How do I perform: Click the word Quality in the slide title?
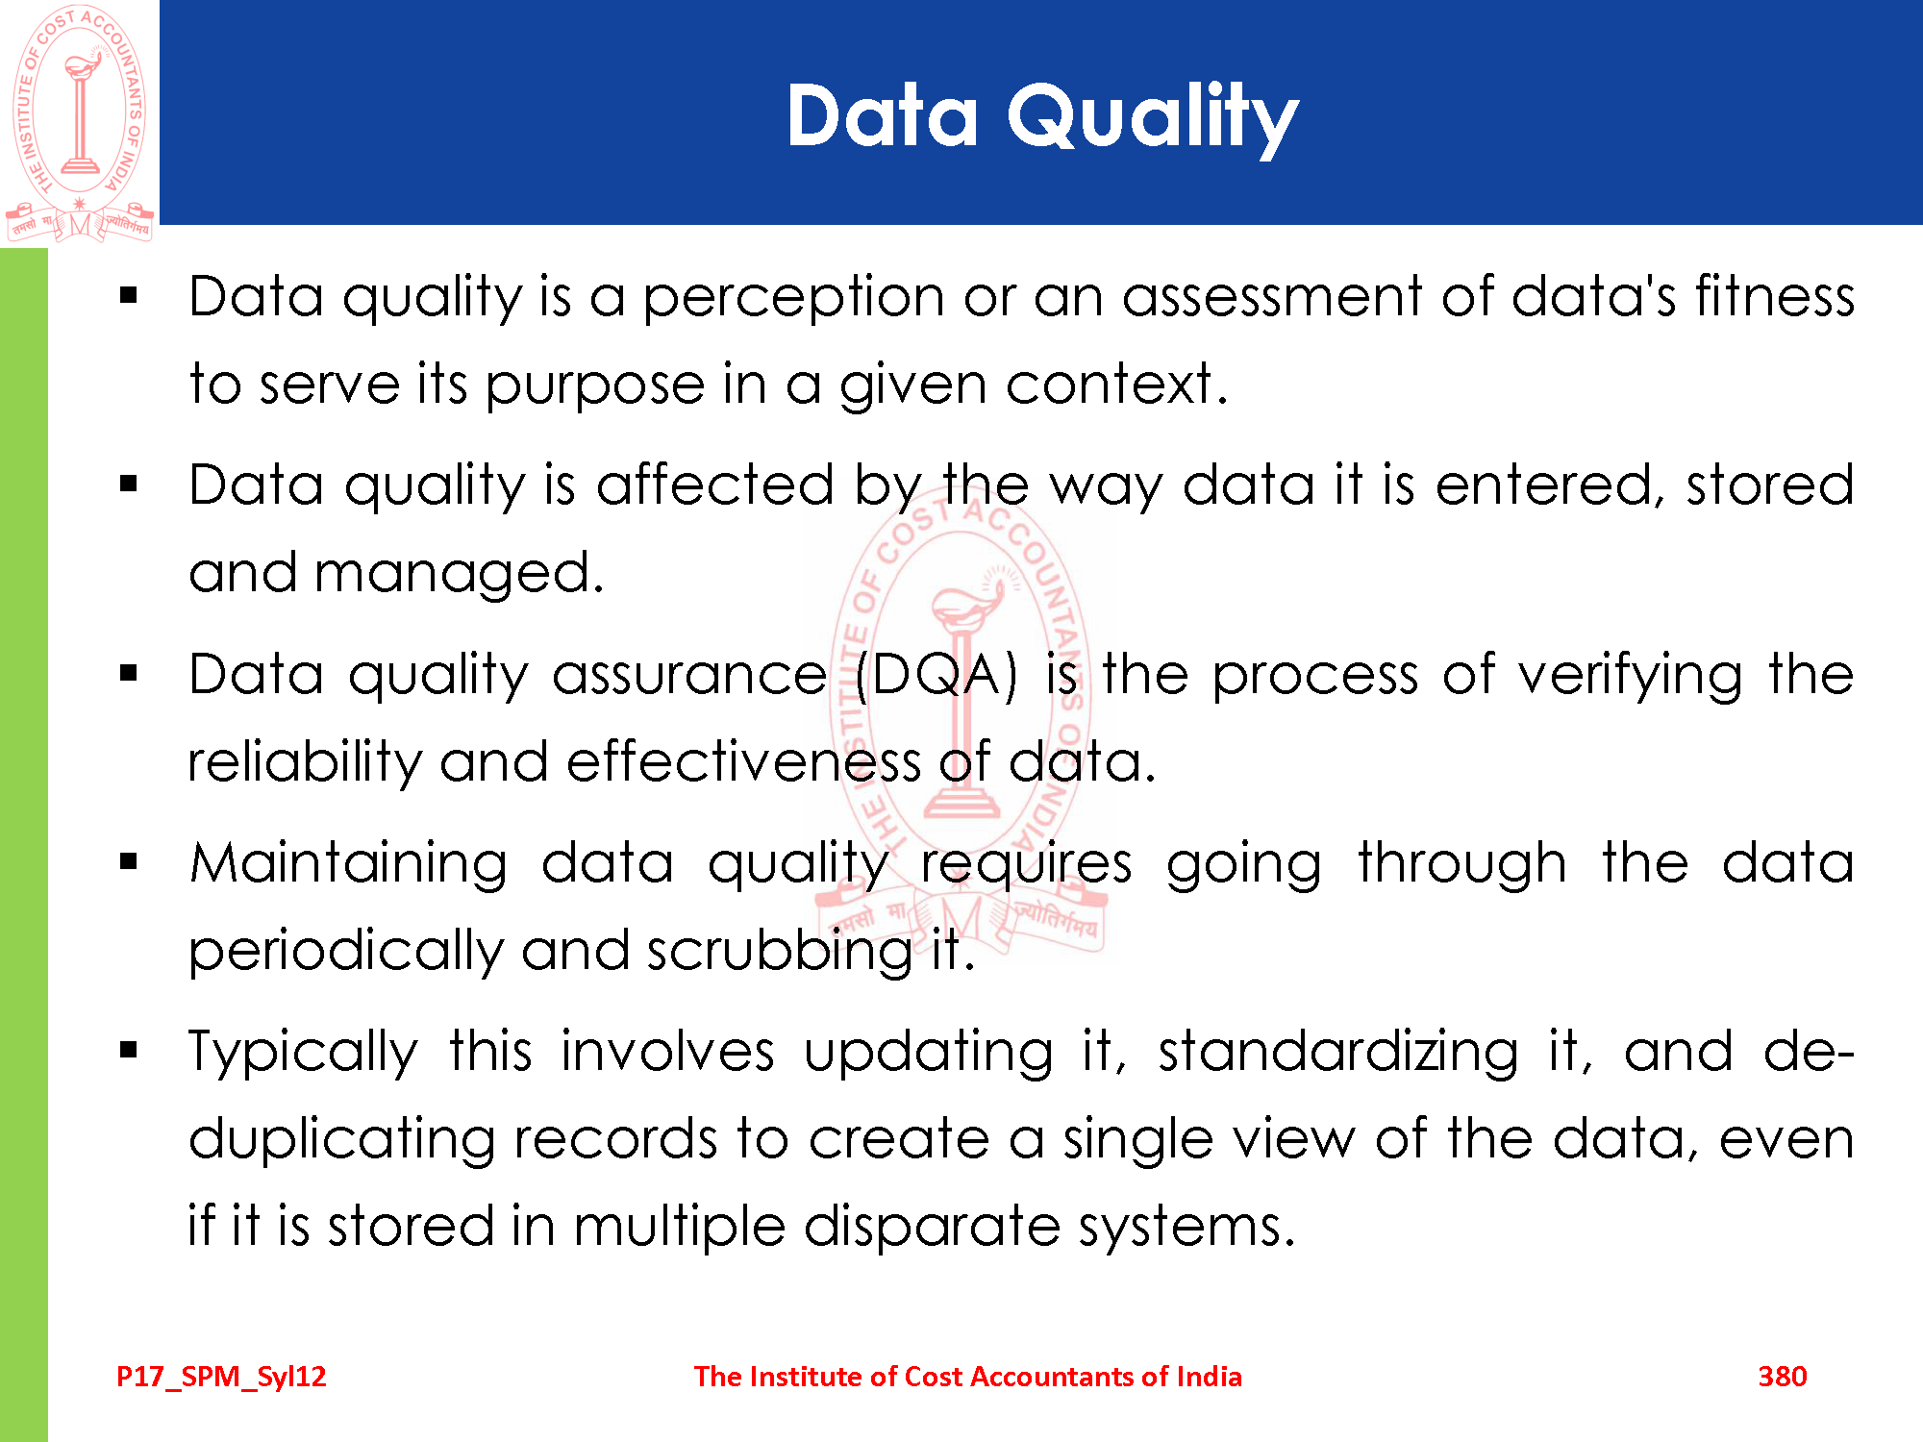(1153, 118)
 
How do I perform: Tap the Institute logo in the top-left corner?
(80, 123)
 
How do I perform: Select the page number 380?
(1782, 1377)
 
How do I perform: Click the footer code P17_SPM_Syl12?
(221, 1378)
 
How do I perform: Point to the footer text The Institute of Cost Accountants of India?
(967, 1377)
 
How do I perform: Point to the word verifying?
(1629, 676)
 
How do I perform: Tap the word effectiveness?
(743, 761)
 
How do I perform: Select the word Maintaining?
(348, 864)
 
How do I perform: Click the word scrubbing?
(780, 952)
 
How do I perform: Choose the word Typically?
(303, 1053)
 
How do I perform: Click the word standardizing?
(1338, 1053)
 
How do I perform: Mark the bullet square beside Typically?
(129, 1051)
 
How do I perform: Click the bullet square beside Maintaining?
(129, 862)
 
